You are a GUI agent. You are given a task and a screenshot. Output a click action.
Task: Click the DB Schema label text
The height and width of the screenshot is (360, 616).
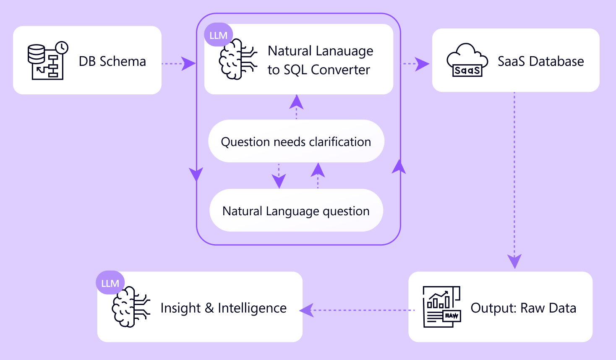(x=112, y=61)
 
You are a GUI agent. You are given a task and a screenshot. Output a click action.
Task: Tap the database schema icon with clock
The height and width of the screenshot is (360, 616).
(x=47, y=61)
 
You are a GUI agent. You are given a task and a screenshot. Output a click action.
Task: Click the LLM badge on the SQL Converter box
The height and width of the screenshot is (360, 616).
(x=218, y=35)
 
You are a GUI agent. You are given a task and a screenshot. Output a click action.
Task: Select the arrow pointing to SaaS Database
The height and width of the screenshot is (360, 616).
(x=417, y=64)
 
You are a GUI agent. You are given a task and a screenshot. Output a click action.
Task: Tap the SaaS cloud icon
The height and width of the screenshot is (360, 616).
(x=467, y=60)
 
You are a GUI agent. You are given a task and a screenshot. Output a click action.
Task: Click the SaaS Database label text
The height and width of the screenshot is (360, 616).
(x=540, y=61)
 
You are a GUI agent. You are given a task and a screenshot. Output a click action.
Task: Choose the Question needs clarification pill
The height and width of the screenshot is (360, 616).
(x=296, y=141)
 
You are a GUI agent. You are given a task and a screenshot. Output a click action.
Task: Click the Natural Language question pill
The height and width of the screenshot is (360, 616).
(x=296, y=211)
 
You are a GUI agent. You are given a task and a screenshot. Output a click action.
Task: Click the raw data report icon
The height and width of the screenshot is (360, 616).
(x=441, y=307)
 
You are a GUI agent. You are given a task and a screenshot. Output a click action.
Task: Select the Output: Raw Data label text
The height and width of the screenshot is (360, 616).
(x=523, y=308)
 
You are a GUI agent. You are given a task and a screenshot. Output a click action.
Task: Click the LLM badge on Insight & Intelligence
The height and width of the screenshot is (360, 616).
(x=110, y=283)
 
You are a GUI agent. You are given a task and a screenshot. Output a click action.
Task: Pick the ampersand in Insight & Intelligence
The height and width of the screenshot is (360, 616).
(x=209, y=308)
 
